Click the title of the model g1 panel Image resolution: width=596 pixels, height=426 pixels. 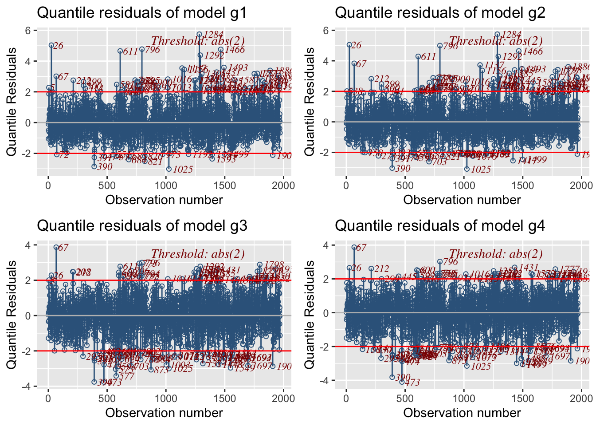click(141, 12)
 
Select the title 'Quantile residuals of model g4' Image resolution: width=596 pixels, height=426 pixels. click(439, 225)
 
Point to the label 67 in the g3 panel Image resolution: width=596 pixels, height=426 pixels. click(63, 248)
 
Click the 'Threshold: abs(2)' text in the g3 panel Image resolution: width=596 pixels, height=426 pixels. click(198, 254)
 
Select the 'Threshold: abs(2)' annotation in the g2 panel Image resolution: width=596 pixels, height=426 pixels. click(496, 41)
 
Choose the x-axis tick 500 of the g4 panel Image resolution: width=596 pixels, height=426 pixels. click(405, 398)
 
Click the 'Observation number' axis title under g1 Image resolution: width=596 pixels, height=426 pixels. click(164, 200)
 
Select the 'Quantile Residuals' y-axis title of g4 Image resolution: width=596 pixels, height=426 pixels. click(310, 314)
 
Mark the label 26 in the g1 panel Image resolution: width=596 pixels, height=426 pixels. click(58, 46)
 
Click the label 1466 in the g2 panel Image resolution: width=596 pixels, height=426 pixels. click(533, 52)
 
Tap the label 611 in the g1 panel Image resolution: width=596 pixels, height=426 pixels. click(130, 52)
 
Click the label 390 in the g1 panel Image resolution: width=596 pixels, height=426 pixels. click(105, 167)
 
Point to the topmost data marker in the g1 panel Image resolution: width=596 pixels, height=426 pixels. click(200, 34)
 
